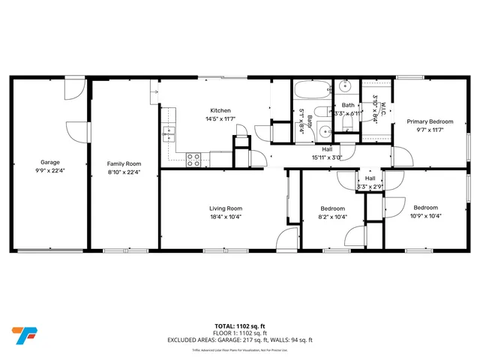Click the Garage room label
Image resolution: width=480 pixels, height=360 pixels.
pos(50,162)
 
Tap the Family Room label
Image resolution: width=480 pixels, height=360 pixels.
pos(124,163)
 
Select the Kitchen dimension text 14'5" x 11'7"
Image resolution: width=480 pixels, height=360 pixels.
pos(220,118)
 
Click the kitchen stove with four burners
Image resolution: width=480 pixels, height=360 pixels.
pos(193,158)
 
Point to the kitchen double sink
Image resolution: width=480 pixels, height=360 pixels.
pos(169,134)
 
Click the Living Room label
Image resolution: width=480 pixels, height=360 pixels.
pos(225,208)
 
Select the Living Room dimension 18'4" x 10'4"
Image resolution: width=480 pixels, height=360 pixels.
pos(225,217)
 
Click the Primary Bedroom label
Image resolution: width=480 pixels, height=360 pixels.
pos(430,121)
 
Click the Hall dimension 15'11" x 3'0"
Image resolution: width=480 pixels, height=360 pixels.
pos(327,157)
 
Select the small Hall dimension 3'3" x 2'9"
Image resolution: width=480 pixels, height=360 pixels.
pos(370,187)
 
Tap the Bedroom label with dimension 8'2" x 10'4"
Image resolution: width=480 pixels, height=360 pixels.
pos(332,208)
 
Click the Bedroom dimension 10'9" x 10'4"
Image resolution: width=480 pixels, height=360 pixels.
pos(425,216)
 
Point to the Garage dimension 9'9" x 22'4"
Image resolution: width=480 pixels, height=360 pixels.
pos(50,172)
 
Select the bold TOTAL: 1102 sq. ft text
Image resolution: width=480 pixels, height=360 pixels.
pos(239,325)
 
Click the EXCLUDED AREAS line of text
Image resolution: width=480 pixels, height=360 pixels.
pos(239,340)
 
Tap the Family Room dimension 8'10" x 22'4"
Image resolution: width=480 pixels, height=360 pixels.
pos(124,172)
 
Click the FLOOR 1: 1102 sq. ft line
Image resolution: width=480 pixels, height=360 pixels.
pos(239,333)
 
